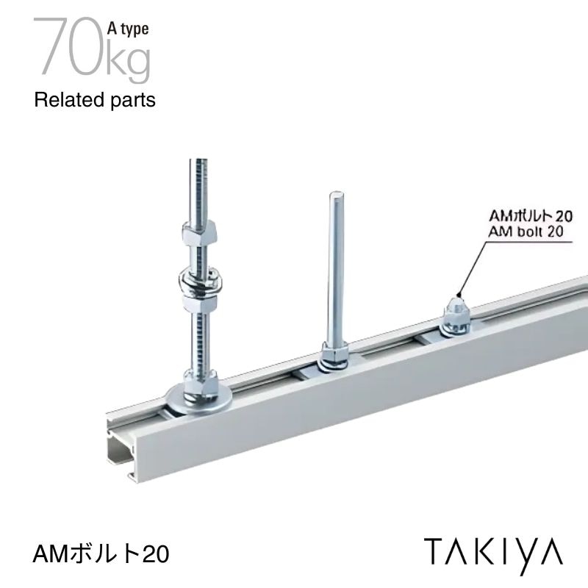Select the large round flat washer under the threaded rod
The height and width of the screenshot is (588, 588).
point(198,398)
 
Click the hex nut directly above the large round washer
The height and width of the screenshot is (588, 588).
point(199,382)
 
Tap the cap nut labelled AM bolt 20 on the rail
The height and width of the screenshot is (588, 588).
point(456,315)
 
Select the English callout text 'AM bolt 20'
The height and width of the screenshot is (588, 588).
point(526,232)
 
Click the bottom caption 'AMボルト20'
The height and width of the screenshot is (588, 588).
point(101,553)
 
